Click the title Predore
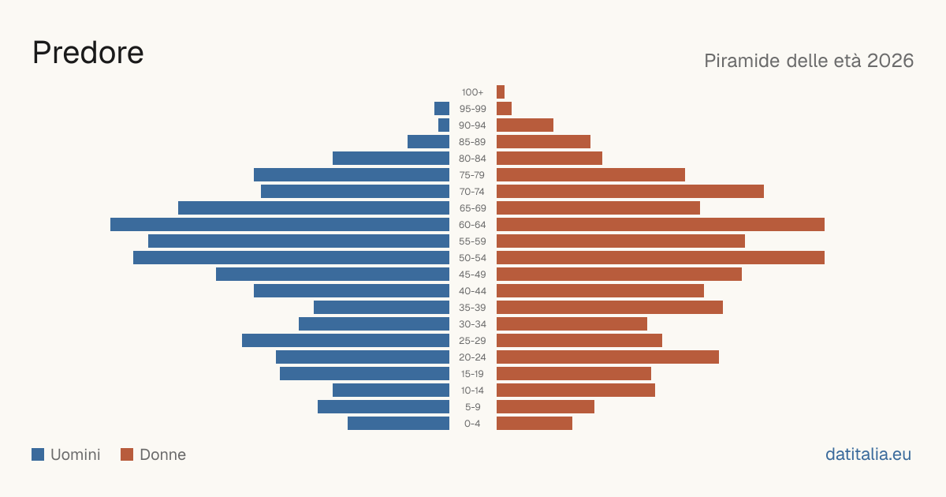88,53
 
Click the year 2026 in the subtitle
890,61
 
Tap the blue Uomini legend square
38,454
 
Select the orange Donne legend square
127,454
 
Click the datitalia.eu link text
868,454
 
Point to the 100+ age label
472,92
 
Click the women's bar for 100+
501,92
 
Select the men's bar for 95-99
441,109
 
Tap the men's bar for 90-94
444,125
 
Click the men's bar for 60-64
280,224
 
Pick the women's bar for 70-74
630,192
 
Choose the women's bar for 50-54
661,258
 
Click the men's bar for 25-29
345,341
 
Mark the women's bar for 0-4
534,424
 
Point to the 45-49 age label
472,275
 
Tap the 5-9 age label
472,407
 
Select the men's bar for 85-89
428,141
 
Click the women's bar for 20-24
608,357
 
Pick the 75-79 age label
472,175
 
